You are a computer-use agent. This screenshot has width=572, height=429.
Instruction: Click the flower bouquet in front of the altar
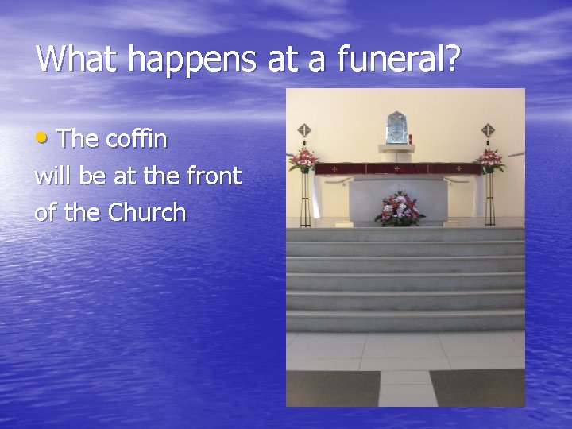pos(400,208)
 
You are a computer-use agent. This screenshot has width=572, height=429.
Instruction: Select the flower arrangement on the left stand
pos(303,160)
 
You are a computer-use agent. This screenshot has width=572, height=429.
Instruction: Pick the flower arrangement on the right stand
pos(489,159)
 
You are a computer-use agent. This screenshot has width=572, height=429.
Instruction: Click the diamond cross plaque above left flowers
pos(303,130)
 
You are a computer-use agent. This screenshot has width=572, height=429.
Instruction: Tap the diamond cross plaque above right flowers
pos(488,130)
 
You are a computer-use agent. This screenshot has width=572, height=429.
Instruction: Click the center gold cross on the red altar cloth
pos(396,168)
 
